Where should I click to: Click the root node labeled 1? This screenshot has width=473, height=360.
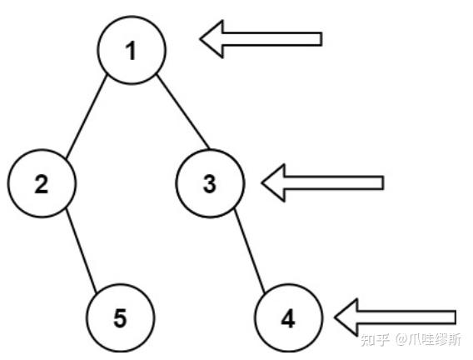pyautogui.click(x=132, y=50)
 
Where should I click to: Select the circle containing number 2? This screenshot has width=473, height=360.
pyautogui.click(x=42, y=183)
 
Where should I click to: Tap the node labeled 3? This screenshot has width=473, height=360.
pyautogui.click(x=210, y=183)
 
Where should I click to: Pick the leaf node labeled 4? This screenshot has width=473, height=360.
pyautogui.click(x=288, y=318)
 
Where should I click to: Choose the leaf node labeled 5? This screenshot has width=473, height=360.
pyautogui.click(x=121, y=318)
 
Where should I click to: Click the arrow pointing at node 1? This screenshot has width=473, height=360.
pyautogui.click(x=261, y=39)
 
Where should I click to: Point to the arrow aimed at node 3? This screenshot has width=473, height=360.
pyautogui.click(x=323, y=182)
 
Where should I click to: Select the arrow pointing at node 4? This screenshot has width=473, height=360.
pyautogui.click(x=396, y=317)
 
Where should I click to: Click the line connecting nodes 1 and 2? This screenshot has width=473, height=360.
pyautogui.click(x=87, y=117)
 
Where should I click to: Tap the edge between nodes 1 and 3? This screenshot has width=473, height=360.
pyautogui.click(x=183, y=112)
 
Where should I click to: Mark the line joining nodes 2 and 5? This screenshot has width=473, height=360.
pyautogui.click(x=81, y=251)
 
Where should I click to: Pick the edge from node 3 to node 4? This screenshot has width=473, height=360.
pyautogui.click(x=250, y=251)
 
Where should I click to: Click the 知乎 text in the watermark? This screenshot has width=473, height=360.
pyautogui.click(x=375, y=340)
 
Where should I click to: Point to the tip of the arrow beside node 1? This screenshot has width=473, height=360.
pyautogui.click(x=201, y=39)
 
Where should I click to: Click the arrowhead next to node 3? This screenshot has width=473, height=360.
pyautogui.click(x=273, y=182)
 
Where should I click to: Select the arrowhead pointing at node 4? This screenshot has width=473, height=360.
pyautogui.click(x=346, y=317)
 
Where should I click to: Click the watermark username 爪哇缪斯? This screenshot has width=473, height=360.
pyautogui.click(x=436, y=340)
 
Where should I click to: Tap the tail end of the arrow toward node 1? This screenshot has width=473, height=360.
pyautogui.click(x=321, y=39)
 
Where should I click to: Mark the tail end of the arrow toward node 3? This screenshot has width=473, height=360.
pyautogui.click(x=383, y=182)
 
